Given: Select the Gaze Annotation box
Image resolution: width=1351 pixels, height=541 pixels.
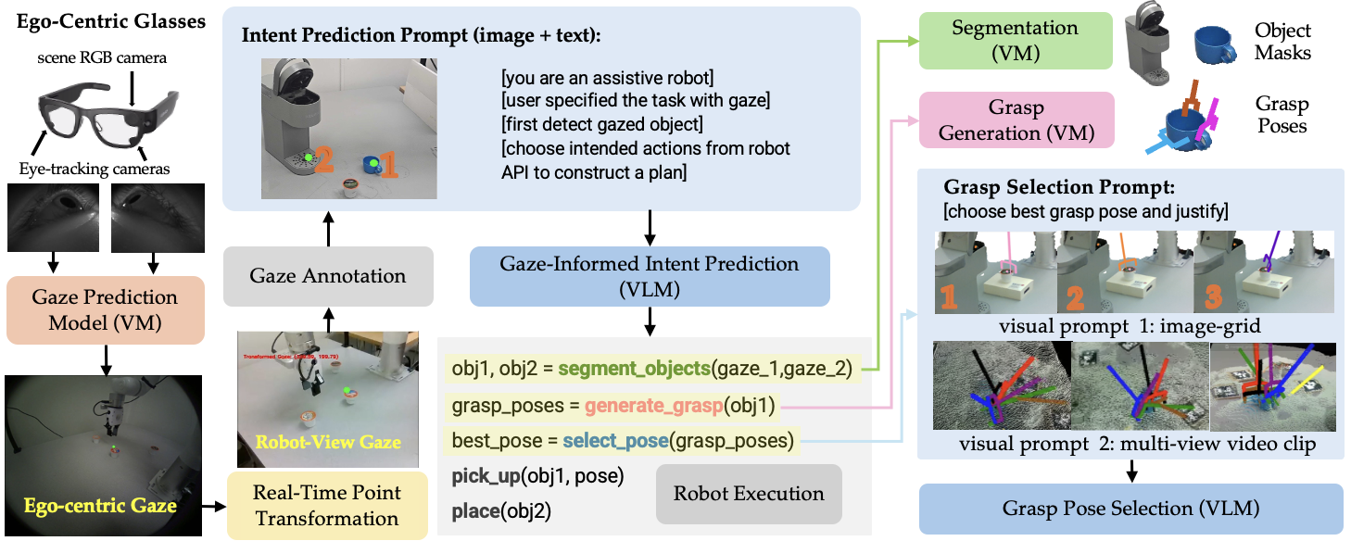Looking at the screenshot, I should point(328,276).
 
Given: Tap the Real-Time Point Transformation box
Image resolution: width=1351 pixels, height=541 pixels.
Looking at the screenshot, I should point(325,505).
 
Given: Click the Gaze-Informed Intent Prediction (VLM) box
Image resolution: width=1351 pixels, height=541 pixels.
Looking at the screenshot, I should point(649,276).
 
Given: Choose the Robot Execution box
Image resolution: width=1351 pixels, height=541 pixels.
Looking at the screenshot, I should point(749,493).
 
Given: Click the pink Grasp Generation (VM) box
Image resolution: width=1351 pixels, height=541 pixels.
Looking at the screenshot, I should point(1016,120).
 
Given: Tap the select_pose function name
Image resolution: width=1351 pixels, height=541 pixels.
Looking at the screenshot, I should point(613,440).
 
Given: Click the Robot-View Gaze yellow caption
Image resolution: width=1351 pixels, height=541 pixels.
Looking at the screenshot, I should point(328,442).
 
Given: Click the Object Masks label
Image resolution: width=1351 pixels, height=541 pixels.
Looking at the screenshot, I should point(1282,42).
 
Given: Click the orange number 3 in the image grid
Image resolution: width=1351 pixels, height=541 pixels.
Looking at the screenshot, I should point(1213,297).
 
